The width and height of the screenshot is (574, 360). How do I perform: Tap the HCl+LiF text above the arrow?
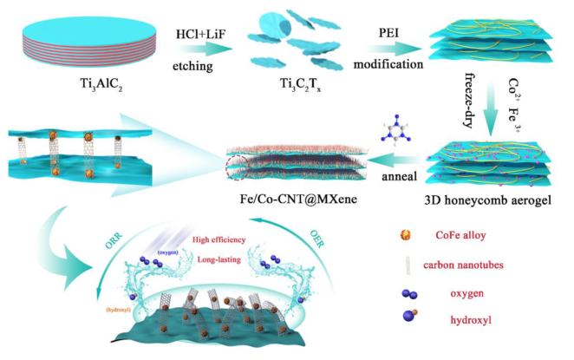[x=188, y=37]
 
